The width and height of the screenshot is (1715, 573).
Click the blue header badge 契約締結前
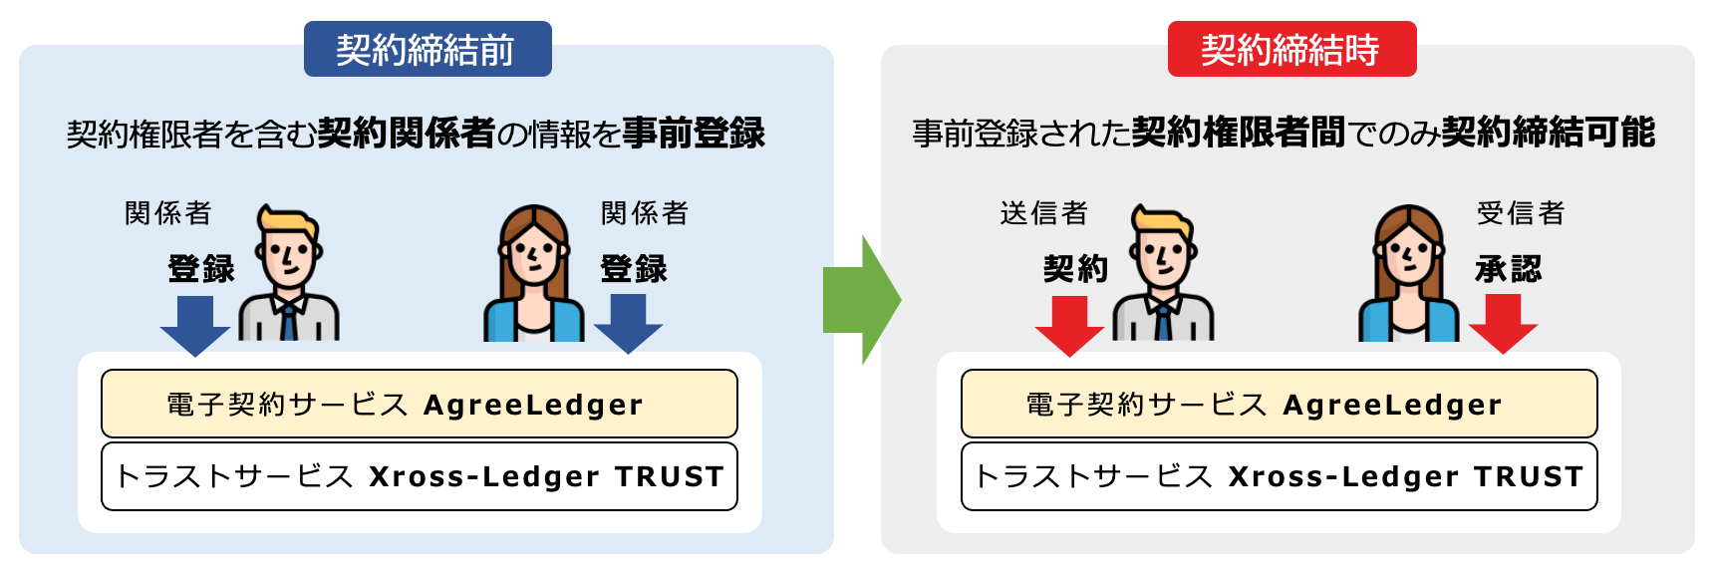coord(428,49)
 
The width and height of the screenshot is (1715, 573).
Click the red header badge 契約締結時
coord(1291,49)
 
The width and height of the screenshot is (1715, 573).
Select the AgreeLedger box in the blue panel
coord(419,404)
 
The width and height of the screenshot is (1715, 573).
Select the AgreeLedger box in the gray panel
coord(1279,404)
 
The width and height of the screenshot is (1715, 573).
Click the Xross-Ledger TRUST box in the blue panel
coord(419,476)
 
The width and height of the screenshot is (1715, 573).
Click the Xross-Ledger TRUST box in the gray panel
coord(1279,476)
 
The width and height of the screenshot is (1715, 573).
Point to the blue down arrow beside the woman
coord(628,325)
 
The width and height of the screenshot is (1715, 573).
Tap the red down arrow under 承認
coord(1503,325)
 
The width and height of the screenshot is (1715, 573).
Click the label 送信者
coord(1043,213)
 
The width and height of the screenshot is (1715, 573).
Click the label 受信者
coord(1521,213)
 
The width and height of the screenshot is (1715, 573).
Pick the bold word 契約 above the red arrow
coord(1075,268)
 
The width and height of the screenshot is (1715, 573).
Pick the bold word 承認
coord(1508,268)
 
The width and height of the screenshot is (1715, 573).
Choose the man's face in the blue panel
coord(289,255)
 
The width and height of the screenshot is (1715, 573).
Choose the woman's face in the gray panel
coord(1408,256)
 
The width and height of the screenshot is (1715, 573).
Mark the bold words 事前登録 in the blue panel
coord(694,133)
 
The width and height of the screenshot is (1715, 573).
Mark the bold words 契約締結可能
coord(1548,133)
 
